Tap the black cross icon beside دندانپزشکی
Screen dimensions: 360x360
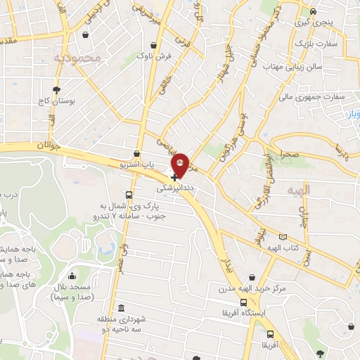pos(174,178)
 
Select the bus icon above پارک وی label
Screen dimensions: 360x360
pos(128,195)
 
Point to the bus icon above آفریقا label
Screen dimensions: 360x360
pos(270,335)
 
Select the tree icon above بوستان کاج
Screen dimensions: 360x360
pos(56,89)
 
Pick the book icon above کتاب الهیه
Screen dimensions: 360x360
pos(283,238)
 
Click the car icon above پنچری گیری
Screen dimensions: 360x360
pos(323,12)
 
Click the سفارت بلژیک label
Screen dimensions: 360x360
pos(317,44)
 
